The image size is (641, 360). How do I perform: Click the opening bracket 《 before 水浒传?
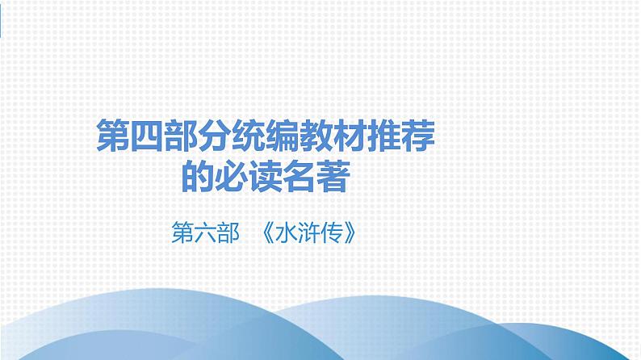pos(270,234)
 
